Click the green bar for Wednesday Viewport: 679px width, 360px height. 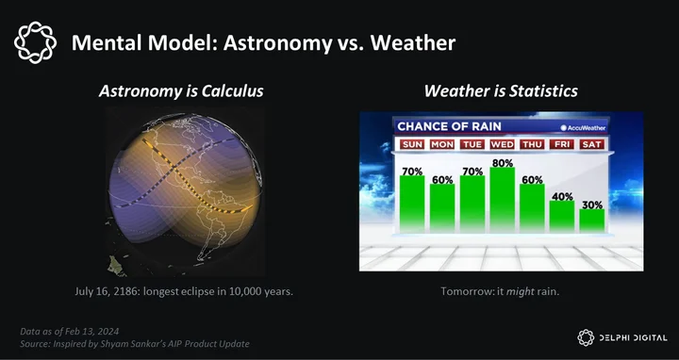point(503,200)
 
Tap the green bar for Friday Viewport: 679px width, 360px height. point(562,217)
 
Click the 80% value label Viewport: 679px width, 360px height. point(503,163)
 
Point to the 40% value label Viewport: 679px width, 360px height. point(562,196)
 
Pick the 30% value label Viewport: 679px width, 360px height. point(592,205)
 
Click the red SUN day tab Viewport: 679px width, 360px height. point(412,144)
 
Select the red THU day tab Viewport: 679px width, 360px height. point(532,144)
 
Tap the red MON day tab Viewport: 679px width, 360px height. point(442,144)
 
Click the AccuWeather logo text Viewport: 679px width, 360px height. point(583,127)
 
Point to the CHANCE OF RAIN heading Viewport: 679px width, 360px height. point(449,126)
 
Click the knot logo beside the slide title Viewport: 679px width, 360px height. point(35,42)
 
